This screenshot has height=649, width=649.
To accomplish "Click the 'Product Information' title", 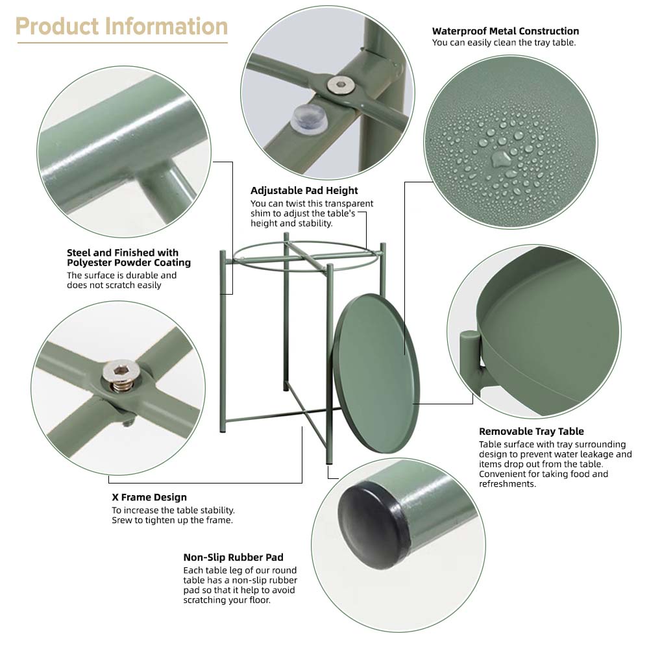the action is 122,27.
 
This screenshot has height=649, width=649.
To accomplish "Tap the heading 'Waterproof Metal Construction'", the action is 506,31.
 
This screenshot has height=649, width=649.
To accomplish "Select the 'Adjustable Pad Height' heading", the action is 304,190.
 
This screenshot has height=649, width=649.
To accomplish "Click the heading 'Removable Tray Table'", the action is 532,432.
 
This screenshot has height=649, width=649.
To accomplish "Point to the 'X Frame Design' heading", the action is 149,497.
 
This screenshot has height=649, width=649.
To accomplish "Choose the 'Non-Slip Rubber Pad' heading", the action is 234,557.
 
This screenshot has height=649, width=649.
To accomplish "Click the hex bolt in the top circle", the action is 340,86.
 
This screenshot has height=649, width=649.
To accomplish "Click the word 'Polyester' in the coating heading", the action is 89,262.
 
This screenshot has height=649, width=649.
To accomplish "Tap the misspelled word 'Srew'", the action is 122,520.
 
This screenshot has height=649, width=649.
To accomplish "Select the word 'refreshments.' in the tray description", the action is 508,484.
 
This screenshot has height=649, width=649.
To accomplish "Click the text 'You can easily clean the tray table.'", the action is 504,43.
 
